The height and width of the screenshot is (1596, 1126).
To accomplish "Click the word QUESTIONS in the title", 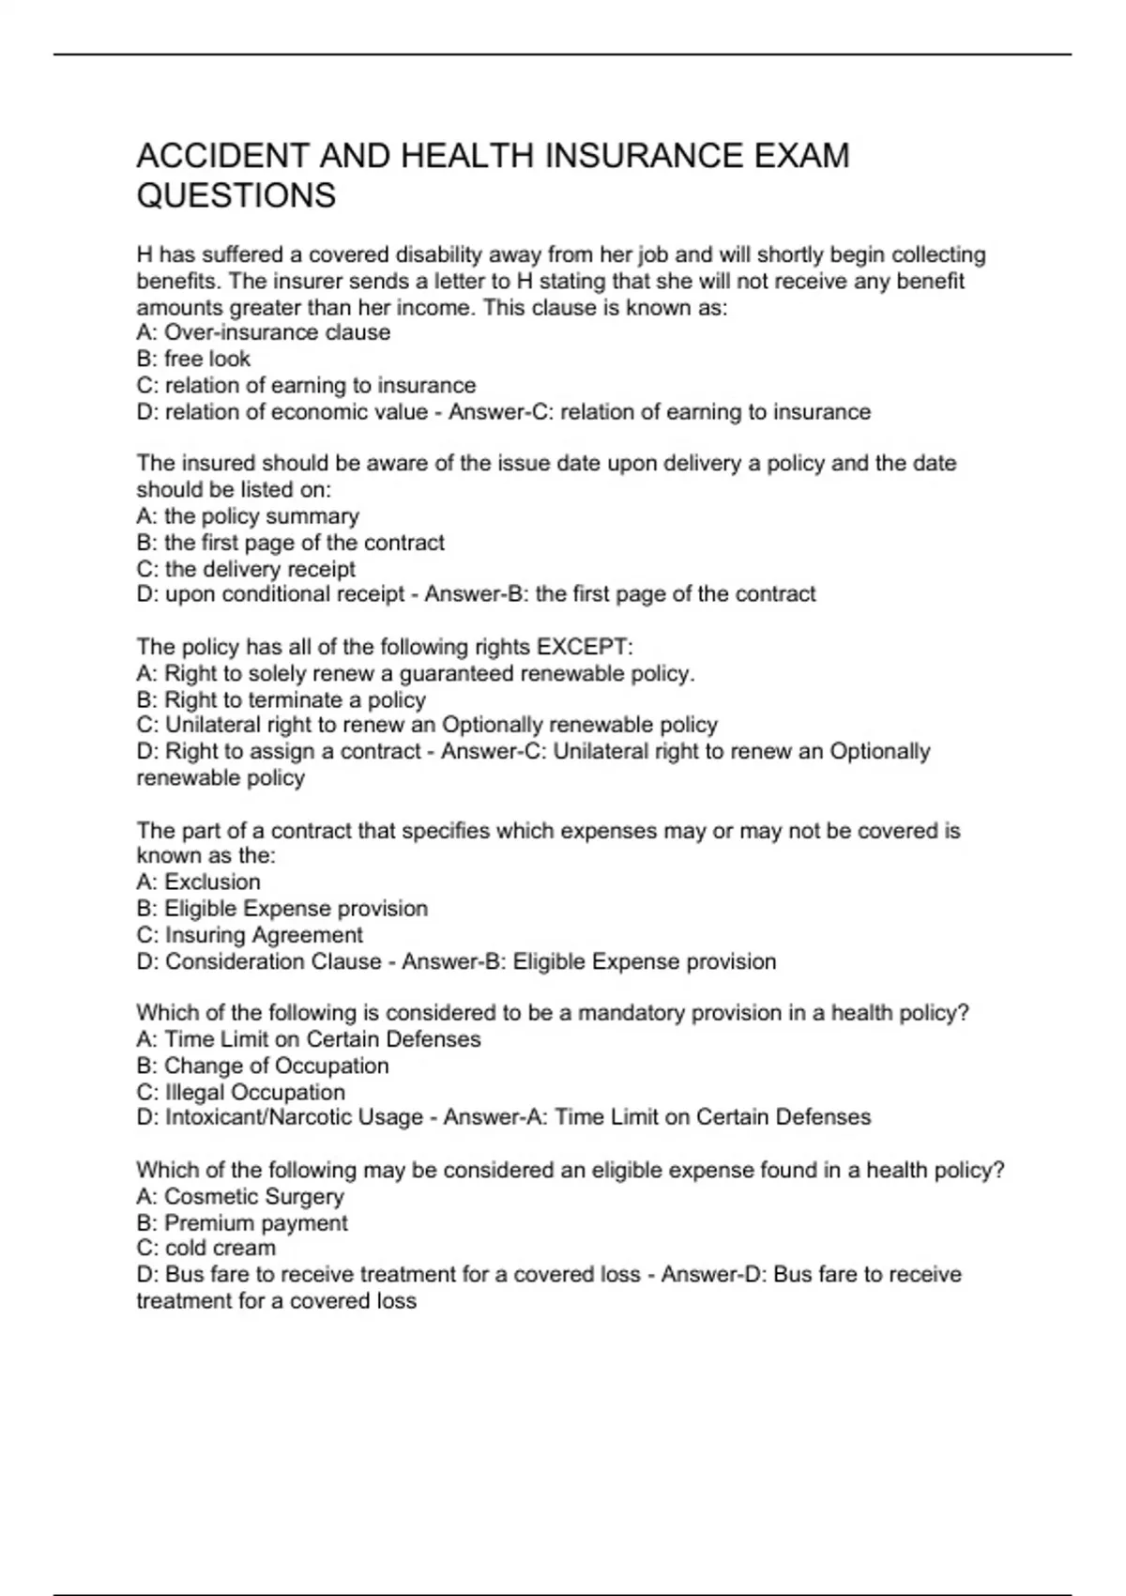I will pos(236,196).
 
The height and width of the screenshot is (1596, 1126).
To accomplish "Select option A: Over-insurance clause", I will pos(263,332).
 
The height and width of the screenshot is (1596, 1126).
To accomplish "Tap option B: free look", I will pos(193,359).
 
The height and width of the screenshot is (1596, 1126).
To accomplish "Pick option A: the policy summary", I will pos(248,516).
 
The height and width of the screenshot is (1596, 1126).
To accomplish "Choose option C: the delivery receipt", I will pos(246,569).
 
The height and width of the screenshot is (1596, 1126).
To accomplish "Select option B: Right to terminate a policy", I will pos(281,699).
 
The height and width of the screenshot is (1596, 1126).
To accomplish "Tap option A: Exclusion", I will pos(198,882).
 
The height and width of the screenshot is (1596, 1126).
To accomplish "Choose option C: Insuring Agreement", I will pos(250,935).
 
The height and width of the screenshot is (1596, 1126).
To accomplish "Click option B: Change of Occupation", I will pos(262,1066).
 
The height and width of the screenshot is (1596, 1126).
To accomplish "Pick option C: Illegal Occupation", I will pos(240,1092).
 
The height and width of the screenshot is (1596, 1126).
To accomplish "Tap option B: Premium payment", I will pos(241,1222).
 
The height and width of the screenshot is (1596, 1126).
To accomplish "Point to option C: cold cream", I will pos(205,1248).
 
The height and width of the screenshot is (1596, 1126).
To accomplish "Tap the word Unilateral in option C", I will pos(213,725).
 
